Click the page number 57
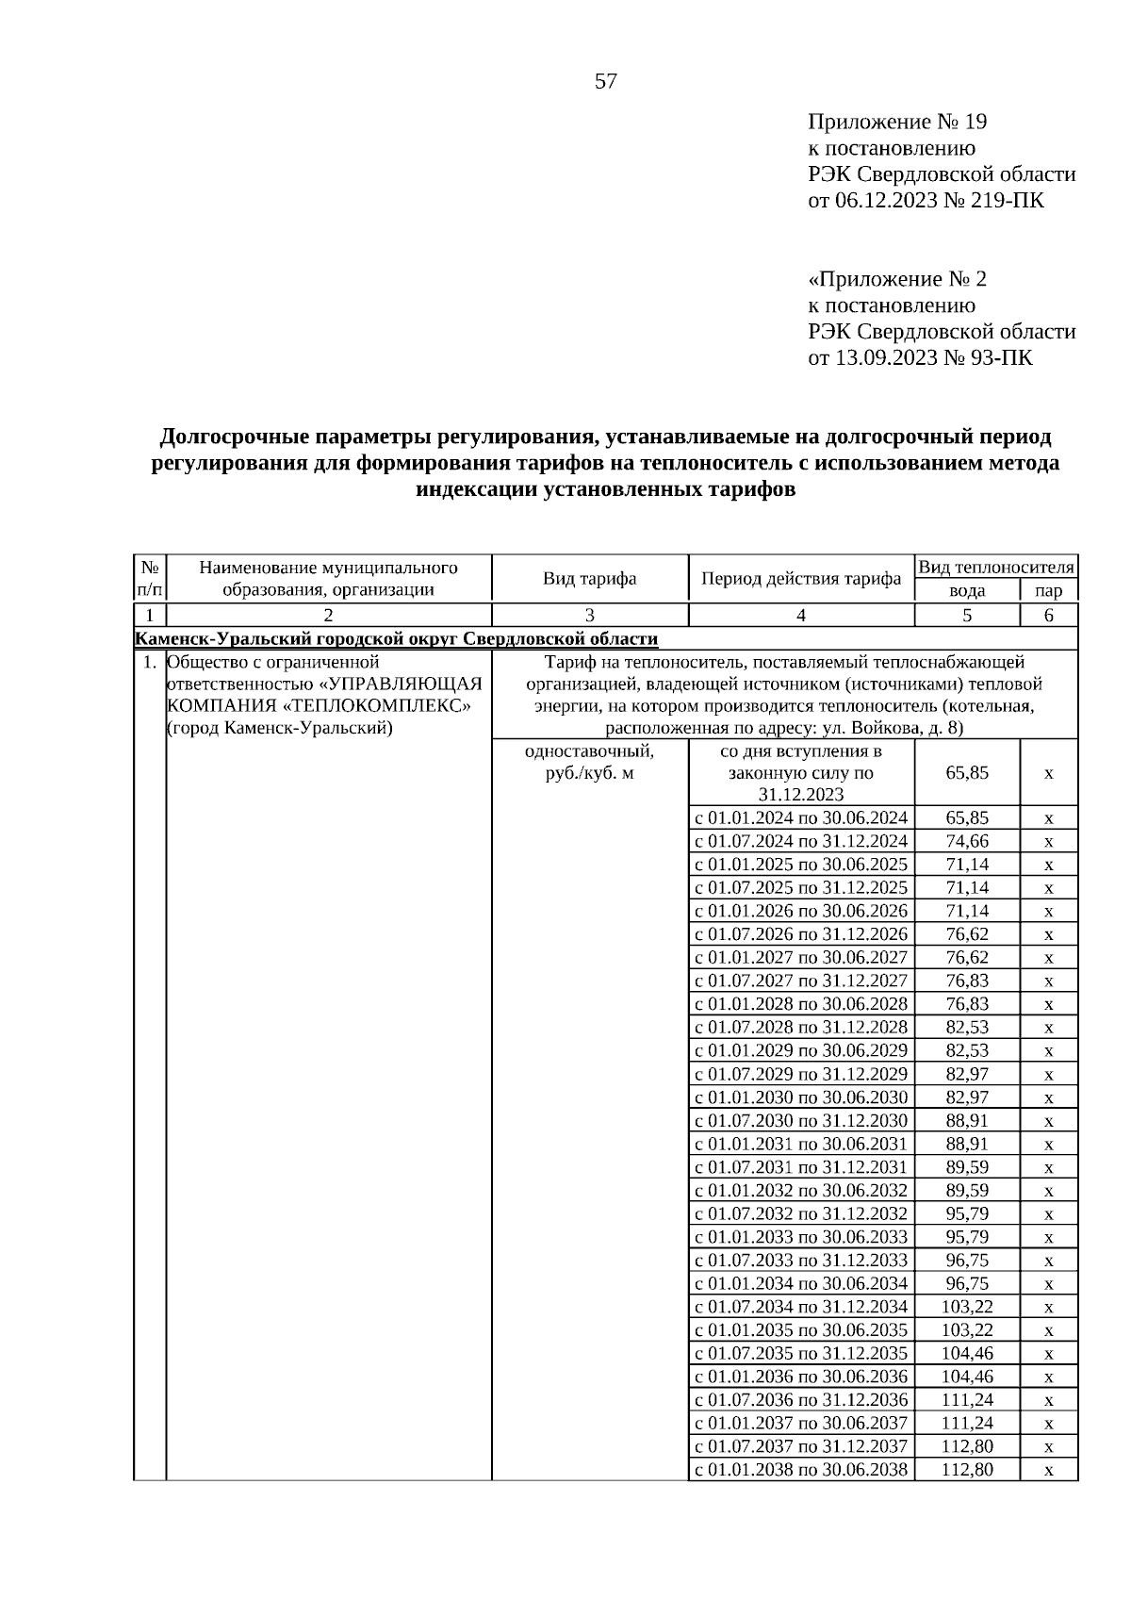point(605,82)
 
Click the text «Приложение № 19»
point(896,123)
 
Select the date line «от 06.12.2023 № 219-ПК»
point(926,201)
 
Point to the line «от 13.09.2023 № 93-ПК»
point(920,358)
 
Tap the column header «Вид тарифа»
point(589,578)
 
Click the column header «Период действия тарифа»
point(801,578)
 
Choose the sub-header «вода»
point(967,590)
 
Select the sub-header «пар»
point(1048,590)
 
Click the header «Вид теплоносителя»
point(996,567)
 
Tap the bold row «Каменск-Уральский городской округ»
point(397,639)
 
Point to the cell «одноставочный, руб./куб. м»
point(589,763)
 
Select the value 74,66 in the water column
point(967,841)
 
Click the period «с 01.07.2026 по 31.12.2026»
point(801,934)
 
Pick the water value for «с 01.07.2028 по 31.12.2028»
point(967,1028)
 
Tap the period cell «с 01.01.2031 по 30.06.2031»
point(801,1144)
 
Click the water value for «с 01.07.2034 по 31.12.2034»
point(967,1307)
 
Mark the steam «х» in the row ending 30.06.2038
point(1048,1470)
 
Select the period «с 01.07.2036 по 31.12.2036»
point(801,1400)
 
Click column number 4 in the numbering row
point(801,616)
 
